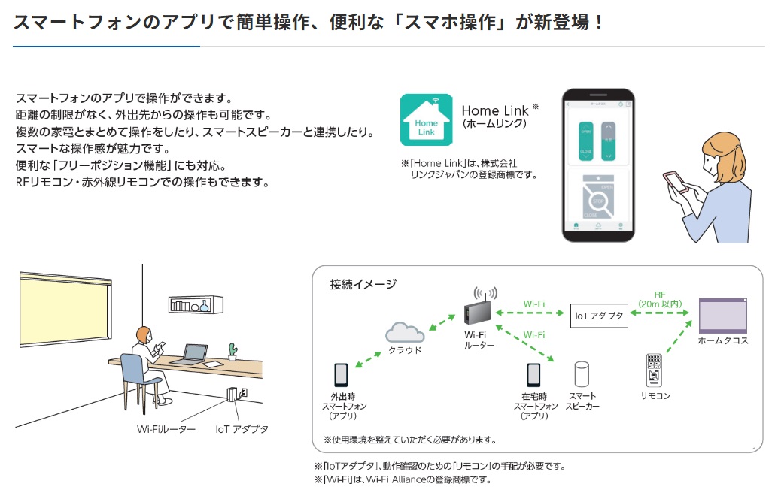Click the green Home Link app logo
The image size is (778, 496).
click(426, 119)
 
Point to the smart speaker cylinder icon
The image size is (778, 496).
click(580, 375)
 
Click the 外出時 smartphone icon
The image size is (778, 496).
click(342, 377)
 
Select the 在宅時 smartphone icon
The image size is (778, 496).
click(533, 375)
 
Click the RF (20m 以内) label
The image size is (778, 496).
click(659, 298)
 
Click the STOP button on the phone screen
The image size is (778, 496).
click(597, 201)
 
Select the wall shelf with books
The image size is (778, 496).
click(196, 304)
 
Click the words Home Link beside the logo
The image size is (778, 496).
click(495, 110)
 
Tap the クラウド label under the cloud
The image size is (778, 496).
click(405, 351)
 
